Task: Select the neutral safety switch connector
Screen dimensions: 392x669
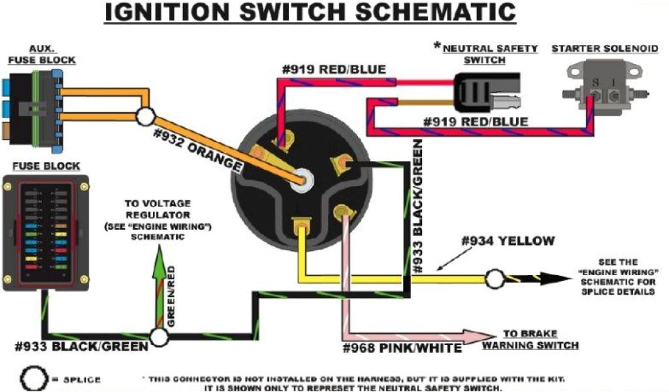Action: (x=487, y=91)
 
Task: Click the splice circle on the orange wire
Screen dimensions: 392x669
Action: (x=145, y=117)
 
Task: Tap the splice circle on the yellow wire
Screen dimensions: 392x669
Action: (x=495, y=279)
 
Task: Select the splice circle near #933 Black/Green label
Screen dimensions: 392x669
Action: (x=159, y=337)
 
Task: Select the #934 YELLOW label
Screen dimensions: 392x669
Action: (x=508, y=241)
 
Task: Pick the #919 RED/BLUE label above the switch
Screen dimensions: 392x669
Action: (x=333, y=69)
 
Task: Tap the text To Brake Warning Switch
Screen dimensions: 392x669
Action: (x=530, y=338)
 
